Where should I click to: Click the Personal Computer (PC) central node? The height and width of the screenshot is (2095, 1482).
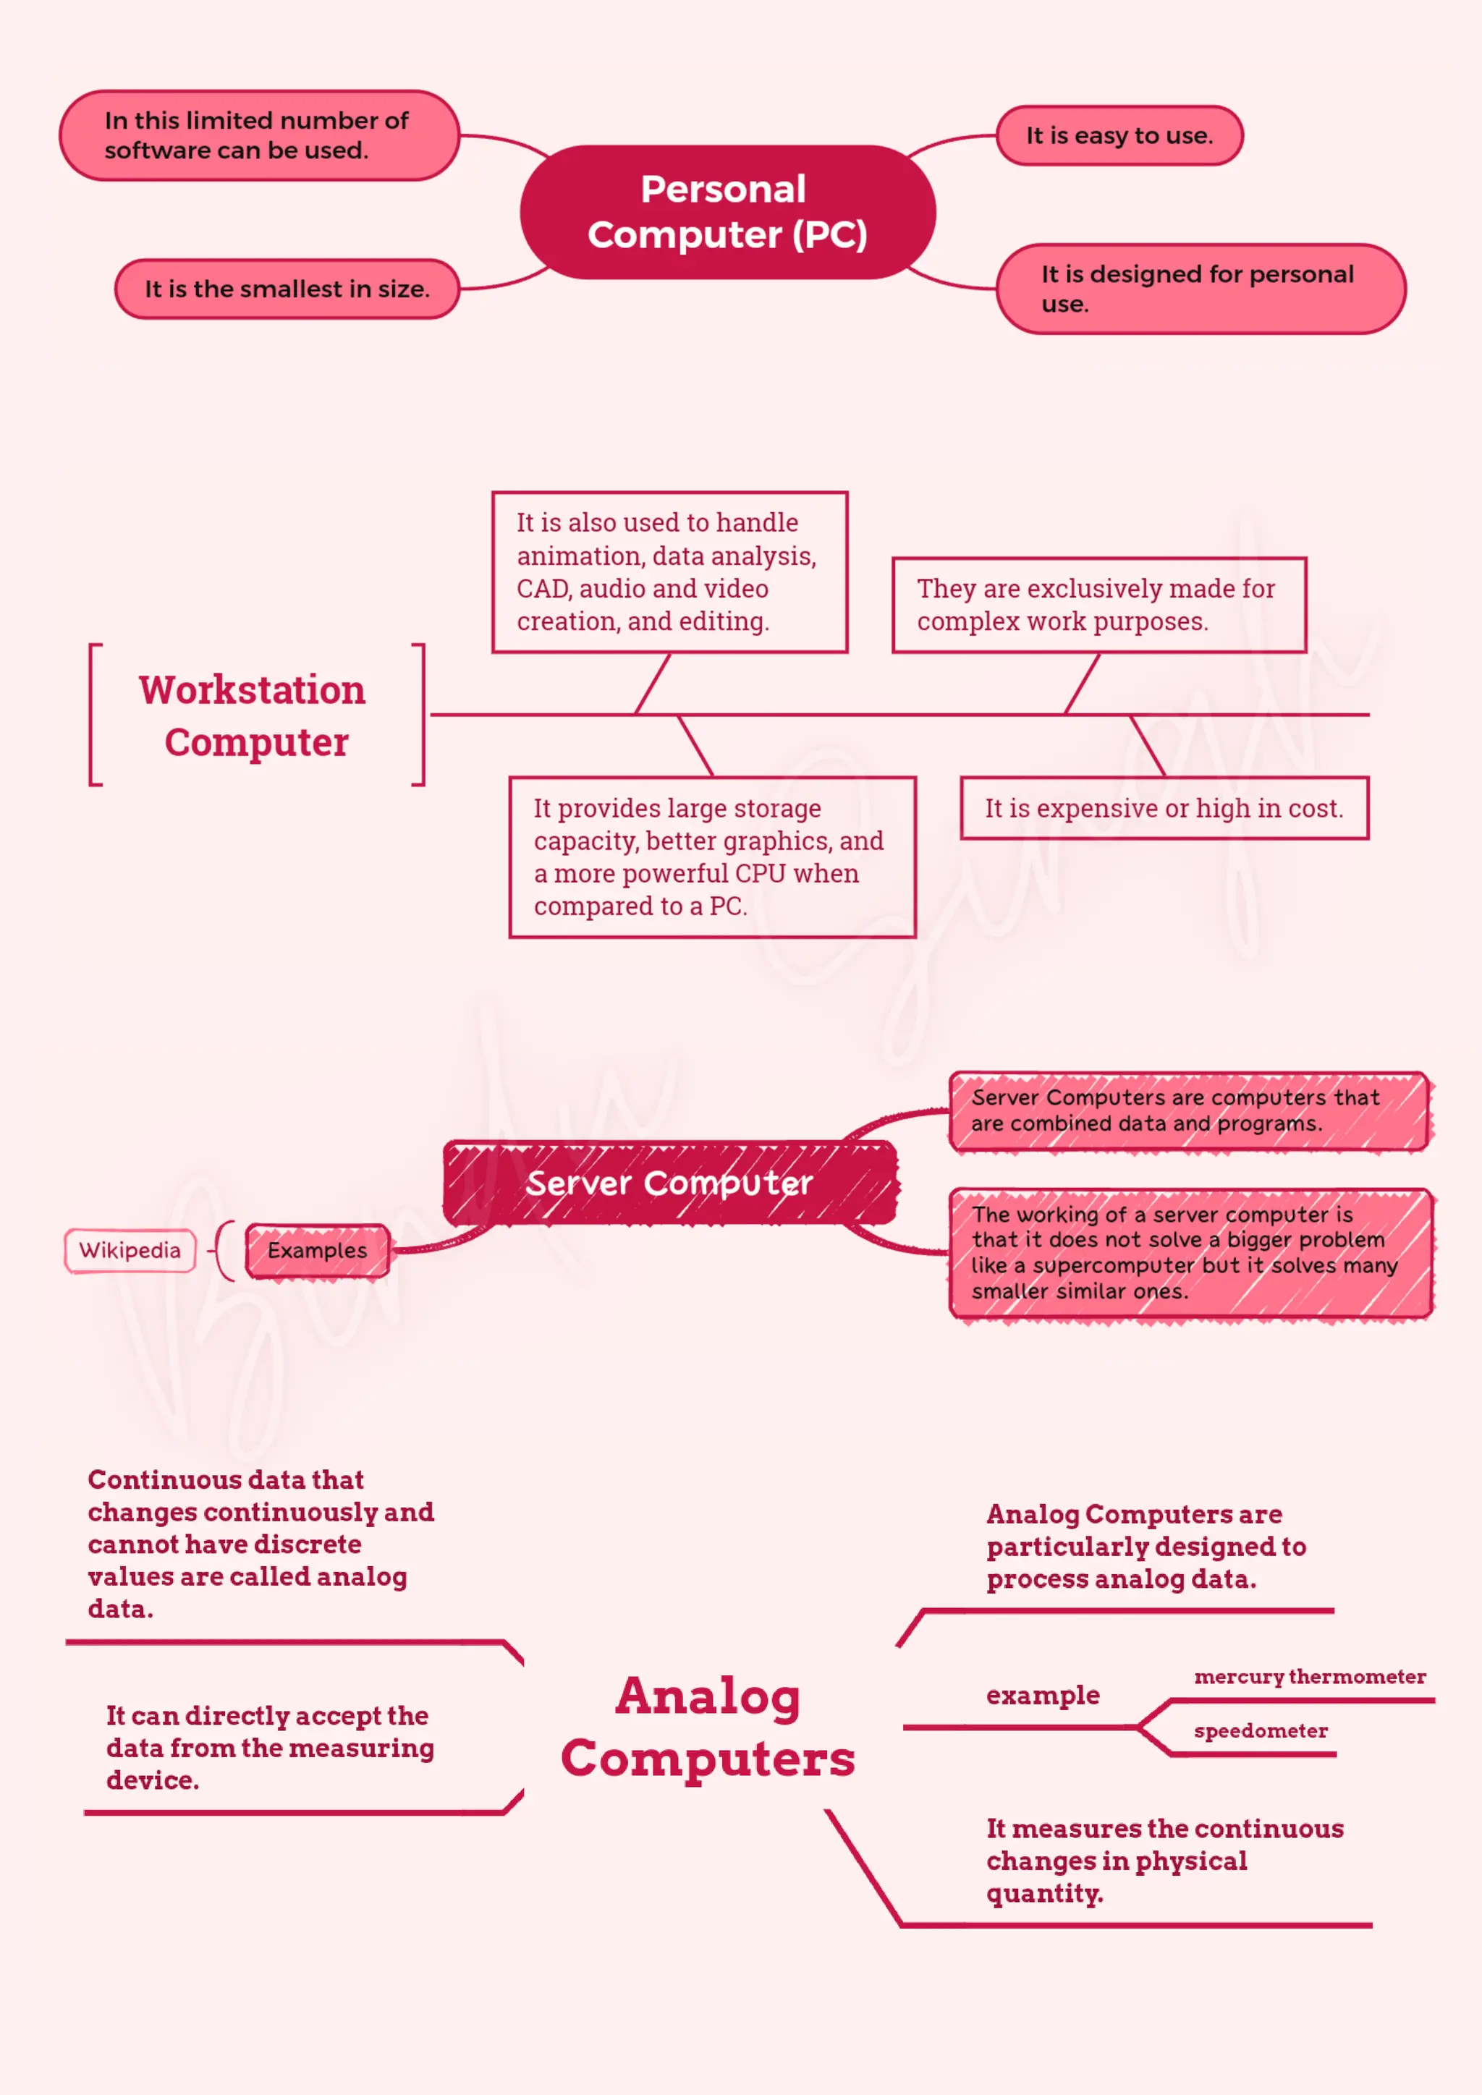[x=727, y=212]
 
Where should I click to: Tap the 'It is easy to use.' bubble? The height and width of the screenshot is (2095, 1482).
[x=1119, y=136]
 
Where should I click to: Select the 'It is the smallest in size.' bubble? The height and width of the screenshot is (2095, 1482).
[x=287, y=289]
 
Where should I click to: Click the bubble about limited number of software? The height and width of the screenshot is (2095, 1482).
[x=258, y=135]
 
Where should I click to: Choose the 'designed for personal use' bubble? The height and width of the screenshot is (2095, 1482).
[x=1199, y=289]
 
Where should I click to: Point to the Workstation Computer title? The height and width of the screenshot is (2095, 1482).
[x=254, y=715]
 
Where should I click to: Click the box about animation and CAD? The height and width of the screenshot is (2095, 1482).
[x=669, y=572]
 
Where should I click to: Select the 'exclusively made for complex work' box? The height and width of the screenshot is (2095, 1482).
[x=1098, y=605]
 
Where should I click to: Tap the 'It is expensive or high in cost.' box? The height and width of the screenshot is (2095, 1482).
[x=1164, y=809]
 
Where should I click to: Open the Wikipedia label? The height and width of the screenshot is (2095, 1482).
[x=130, y=1250]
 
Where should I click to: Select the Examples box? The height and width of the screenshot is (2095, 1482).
[x=317, y=1250]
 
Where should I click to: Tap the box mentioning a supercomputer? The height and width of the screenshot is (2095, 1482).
[x=1189, y=1252]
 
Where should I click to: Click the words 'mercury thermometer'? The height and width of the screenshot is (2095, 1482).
[x=1310, y=1676]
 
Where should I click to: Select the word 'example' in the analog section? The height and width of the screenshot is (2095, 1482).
[x=1042, y=1696]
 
